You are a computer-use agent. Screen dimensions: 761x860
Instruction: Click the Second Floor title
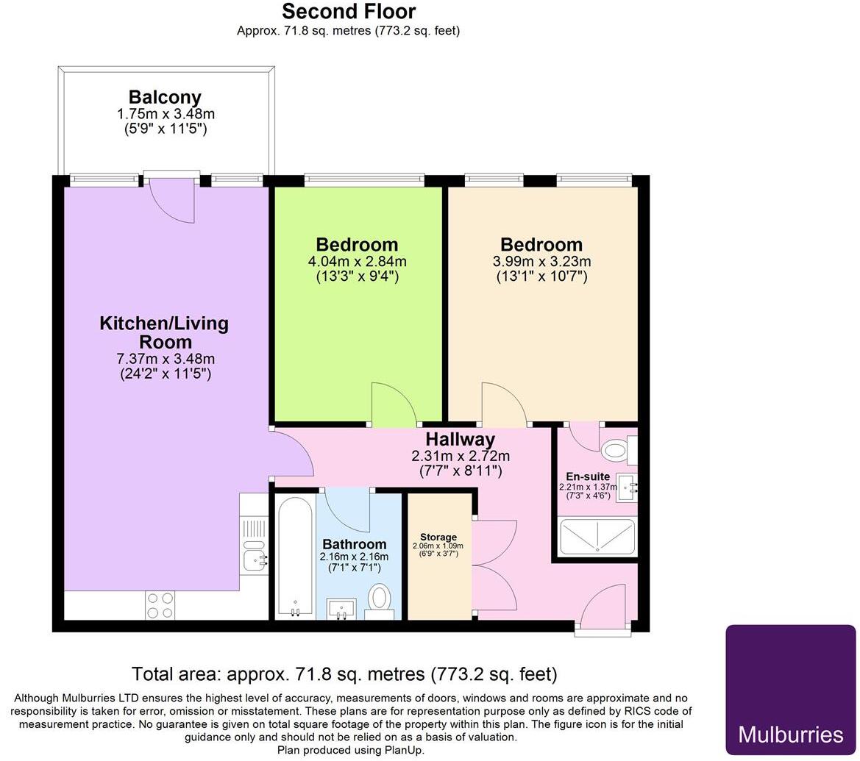click(349, 12)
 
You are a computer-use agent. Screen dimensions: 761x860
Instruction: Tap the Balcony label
click(165, 97)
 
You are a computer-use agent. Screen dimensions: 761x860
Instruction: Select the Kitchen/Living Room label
click(164, 332)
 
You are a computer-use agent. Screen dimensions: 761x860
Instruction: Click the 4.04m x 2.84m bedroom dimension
click(357, 262)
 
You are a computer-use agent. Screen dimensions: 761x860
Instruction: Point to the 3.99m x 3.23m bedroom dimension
click(541, 262)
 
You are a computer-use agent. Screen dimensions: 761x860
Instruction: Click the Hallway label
click(460, 439)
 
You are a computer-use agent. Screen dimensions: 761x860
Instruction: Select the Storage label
click(438, 537)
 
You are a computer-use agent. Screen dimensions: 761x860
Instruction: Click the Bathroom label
click(354, 544)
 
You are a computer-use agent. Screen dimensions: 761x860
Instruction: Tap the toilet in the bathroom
click(380, 599)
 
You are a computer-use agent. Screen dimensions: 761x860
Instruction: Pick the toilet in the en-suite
click(616, 451)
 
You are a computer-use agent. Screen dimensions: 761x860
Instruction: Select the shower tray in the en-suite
click(597, 537)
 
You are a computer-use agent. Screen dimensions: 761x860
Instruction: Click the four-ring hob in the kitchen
click(160, 604)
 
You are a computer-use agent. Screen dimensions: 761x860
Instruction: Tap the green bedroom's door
click(394, 404)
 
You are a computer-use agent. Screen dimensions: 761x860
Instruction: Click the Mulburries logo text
click(790, 734)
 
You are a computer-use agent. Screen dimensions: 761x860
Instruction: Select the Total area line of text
click(344, 674)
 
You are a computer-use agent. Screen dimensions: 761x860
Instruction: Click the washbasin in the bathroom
click(340, 609)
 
